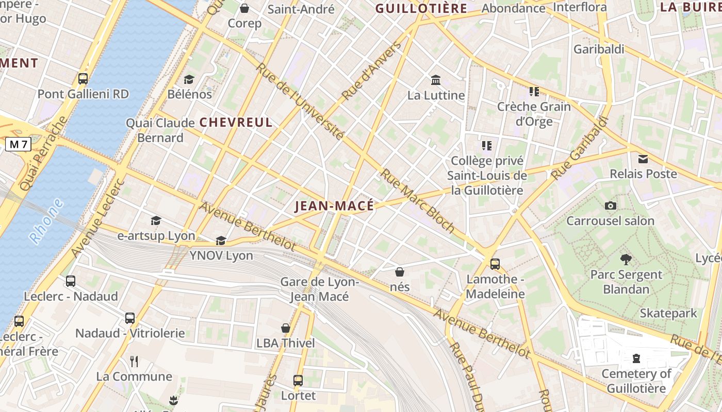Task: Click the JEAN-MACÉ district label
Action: [x=334, y=206]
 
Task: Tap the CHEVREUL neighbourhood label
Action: [x=236, y=123]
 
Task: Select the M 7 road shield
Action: [x=18, y=145]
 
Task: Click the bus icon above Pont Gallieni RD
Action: [x=83, y=79]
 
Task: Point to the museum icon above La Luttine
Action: [x=436, y=80]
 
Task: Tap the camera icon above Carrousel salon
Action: [x=611, y=205]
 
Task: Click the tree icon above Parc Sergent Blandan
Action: [x=626, y=259]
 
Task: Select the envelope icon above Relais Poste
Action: [x=643, y=159]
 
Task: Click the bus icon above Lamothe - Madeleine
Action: [x=495, y=264]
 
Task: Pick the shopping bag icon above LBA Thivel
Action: [x=286, y=328]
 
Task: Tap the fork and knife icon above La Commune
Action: [x=134, y=361]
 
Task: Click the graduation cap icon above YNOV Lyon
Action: [x=221, y=241]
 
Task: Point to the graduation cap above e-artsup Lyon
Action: [x=156, y=221]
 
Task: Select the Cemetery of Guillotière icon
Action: [x=636, y=358]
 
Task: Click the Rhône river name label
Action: [x=46, y=221]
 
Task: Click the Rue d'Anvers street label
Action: [x=371, y=71]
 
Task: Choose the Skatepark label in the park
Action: [x=668, y=313]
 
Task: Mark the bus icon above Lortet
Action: [x=298, y=381]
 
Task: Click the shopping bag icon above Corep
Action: [x=244, y=8]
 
